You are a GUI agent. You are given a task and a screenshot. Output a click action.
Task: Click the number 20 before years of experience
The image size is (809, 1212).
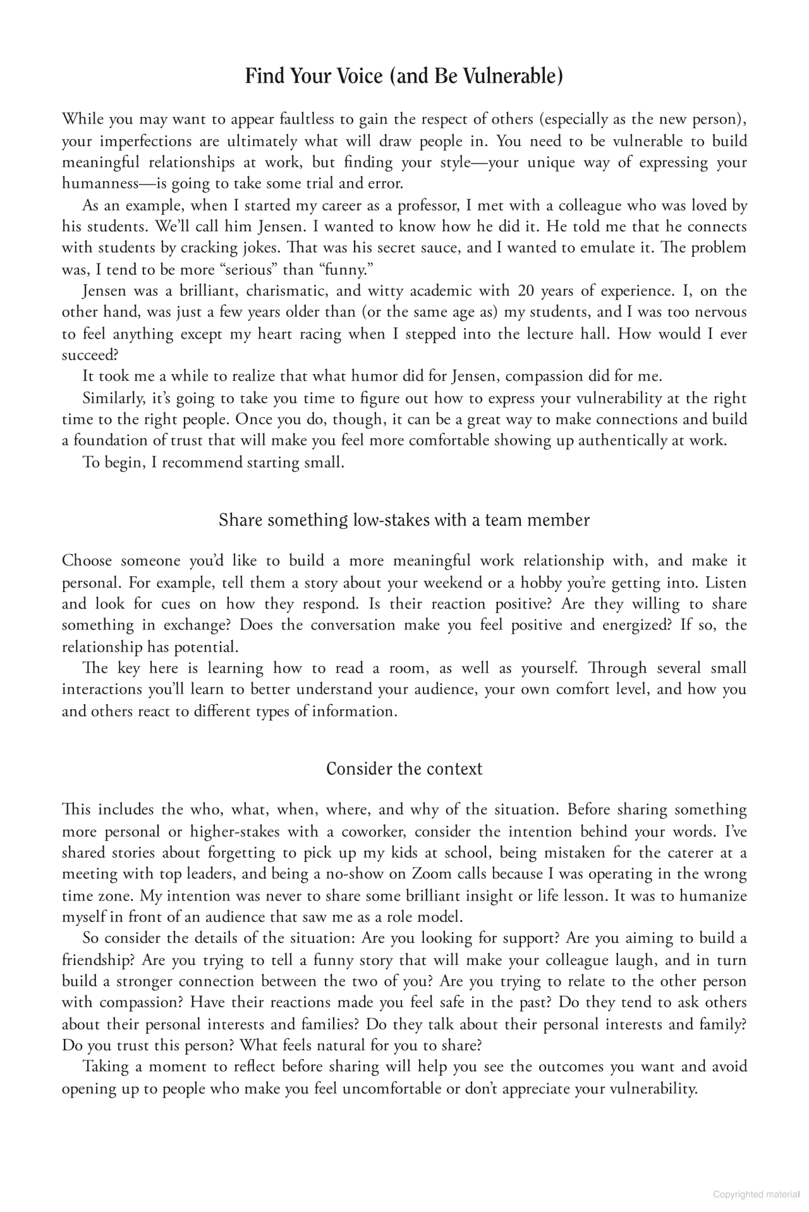click(x=525, y=291)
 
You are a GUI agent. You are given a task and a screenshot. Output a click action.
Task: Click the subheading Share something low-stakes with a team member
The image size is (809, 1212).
click(x=404, y=520)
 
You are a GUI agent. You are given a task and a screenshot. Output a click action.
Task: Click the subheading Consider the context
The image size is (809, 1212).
click(x=404, y=769)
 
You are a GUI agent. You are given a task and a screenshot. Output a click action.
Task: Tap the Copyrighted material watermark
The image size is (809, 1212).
click(x=757, y=1194)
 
